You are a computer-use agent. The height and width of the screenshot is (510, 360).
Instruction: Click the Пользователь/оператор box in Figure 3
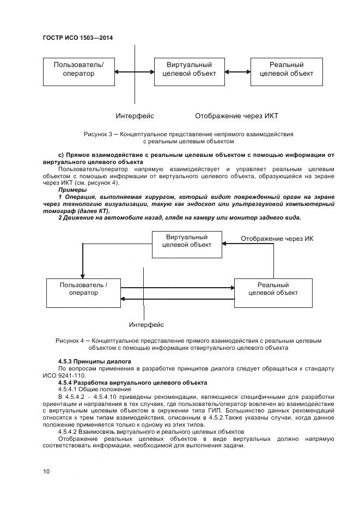78,71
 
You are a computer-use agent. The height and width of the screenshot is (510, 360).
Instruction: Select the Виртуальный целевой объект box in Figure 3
189,71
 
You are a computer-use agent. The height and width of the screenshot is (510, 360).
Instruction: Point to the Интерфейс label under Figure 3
135,116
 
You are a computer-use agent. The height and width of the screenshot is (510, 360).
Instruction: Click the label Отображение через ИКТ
236,116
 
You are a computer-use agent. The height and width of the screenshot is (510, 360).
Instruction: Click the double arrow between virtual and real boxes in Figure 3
237,71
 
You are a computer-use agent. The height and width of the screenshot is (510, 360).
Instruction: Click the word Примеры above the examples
72,190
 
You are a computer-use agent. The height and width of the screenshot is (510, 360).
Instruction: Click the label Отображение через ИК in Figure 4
277,239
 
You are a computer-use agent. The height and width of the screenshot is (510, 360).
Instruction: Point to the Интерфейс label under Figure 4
146,325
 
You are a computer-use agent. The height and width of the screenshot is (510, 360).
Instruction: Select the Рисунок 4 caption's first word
68,341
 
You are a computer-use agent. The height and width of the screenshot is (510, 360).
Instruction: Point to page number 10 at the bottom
46,471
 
